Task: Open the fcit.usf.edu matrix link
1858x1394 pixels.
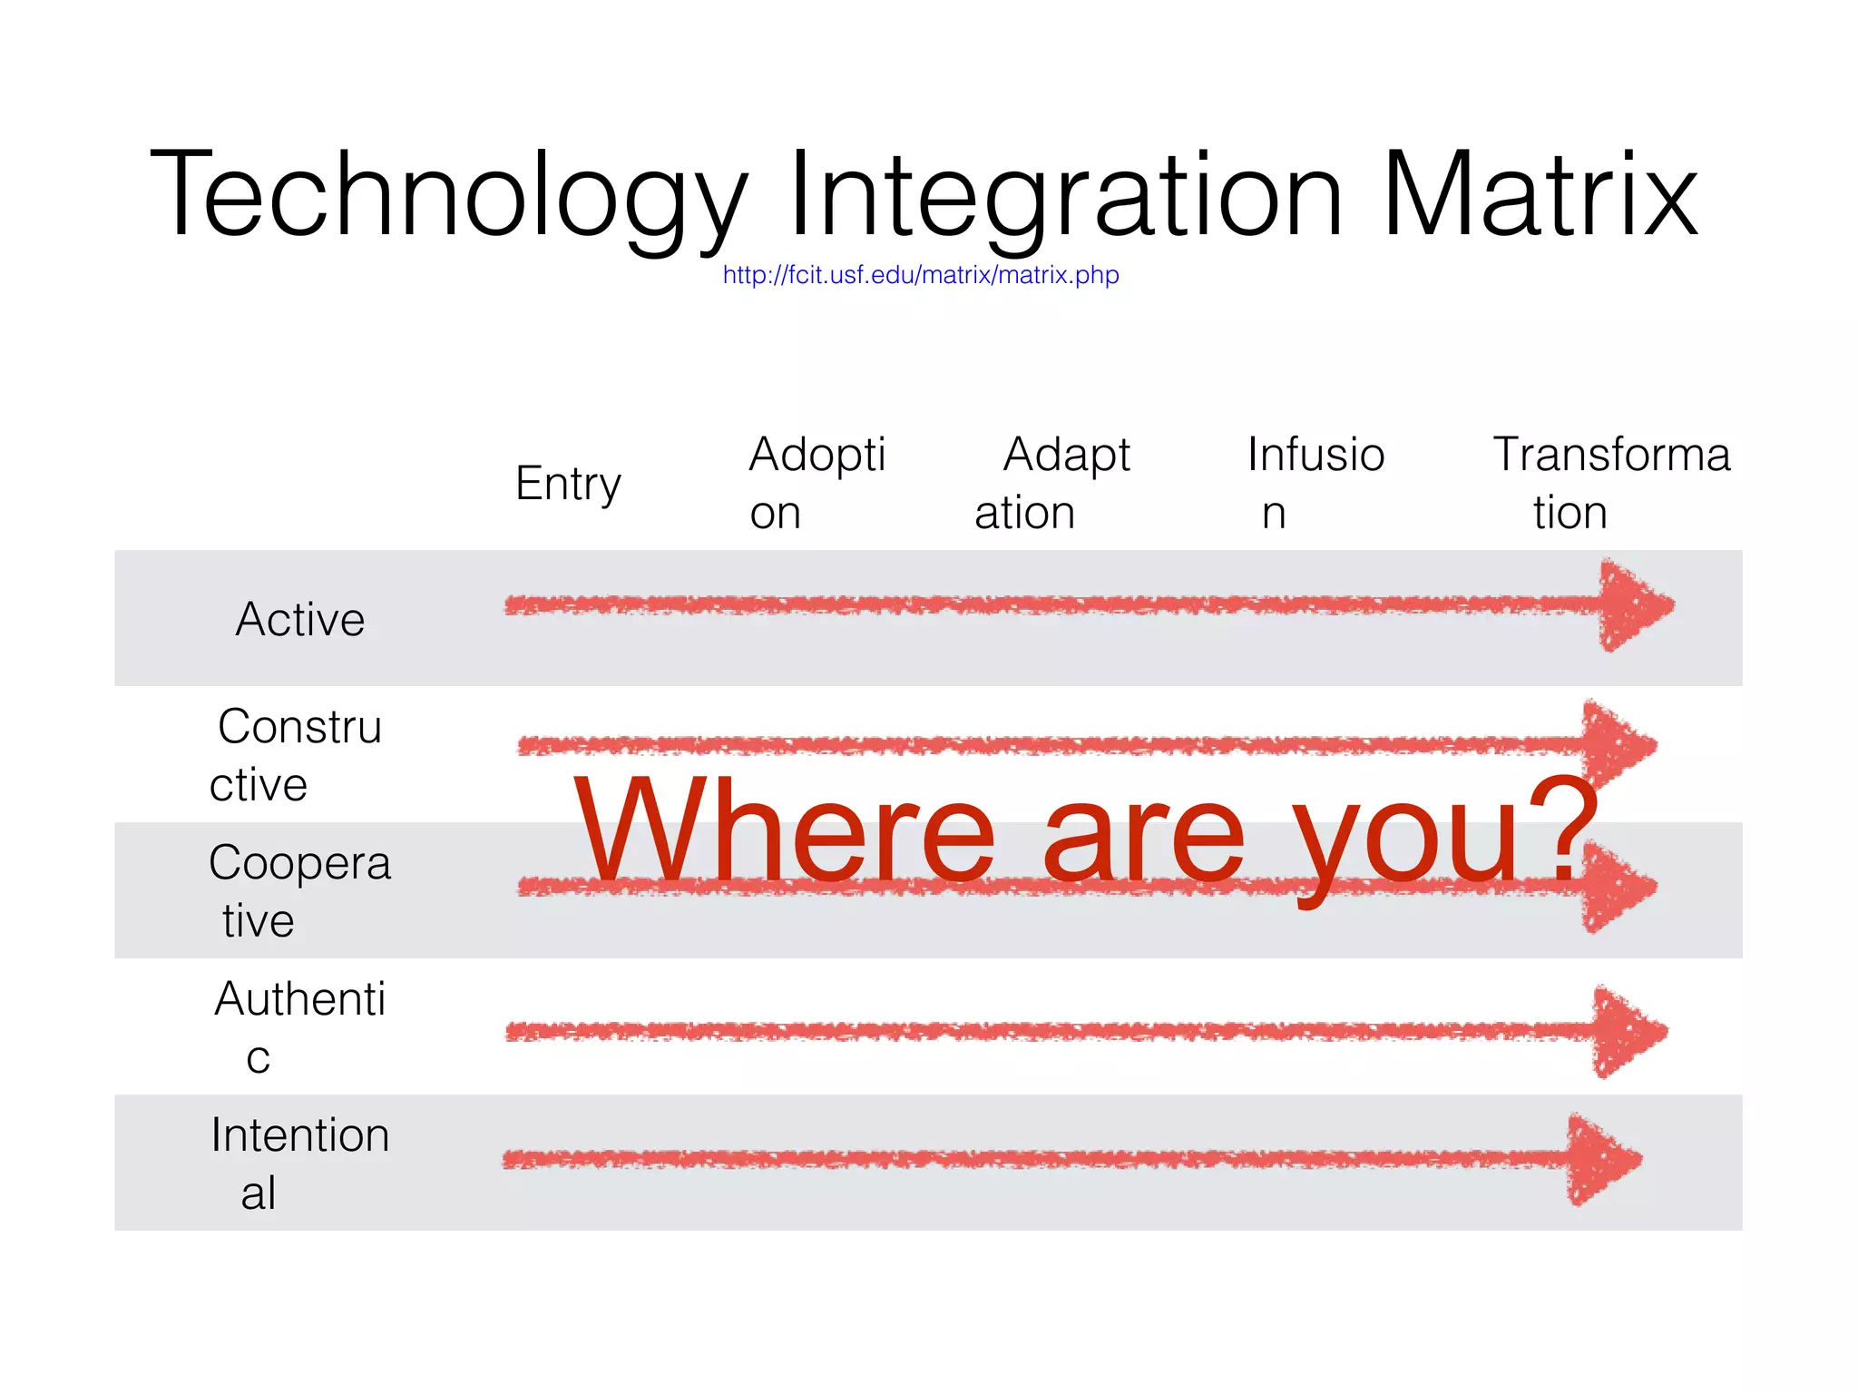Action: tap(921, 275)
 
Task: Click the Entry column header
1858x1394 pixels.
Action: tap(568, 484)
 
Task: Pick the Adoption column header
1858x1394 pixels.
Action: tap(817, 483)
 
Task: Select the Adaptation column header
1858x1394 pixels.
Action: tap(1052, 483)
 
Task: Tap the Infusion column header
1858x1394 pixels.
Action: tap(1315, 483)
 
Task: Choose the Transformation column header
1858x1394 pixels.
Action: tap(1611, 483)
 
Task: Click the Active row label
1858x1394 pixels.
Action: tap(300, 620)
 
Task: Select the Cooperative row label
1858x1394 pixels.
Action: tap(299, 891)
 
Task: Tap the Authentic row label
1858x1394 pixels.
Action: tap(299, 1027)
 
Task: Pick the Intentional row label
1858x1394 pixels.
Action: tap(299, 1163)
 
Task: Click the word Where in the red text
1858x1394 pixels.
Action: tap(785, 830)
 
